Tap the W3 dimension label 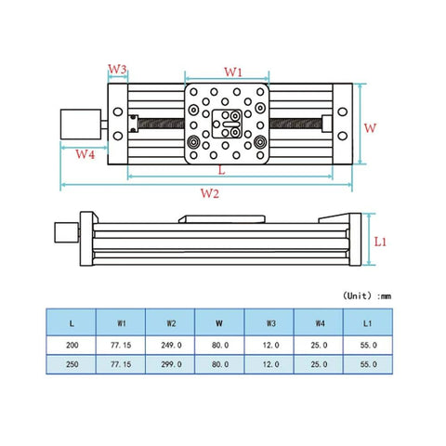coord(117,70)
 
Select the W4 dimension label coord(85,154)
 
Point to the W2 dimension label coord(209,193)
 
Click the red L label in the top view coord(221,171)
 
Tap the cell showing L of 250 coord(72,364)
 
